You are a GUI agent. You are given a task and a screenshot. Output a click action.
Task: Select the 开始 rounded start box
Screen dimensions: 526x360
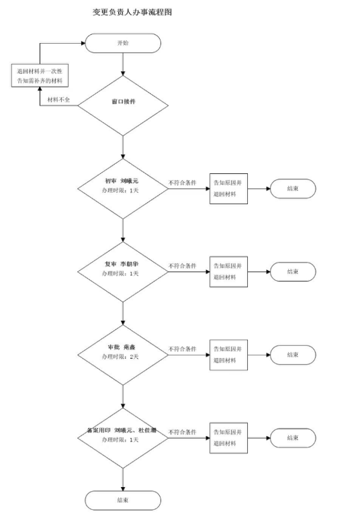[x=123, y=42]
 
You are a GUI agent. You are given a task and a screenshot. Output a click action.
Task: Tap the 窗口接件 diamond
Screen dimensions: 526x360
[x=123, y=103]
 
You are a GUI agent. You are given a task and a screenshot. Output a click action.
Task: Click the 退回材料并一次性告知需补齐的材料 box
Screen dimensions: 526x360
[x=42, y=75]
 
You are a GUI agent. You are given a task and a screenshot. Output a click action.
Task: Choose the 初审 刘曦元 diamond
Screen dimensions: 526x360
[x=123, y=186]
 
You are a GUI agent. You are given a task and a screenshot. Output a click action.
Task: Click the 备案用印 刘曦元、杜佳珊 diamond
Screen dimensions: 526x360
[x=123, y=435]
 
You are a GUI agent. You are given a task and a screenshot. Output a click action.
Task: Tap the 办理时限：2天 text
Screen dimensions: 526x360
[x=120, y=357]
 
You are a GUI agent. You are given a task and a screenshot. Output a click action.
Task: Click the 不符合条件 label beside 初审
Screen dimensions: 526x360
[x=182, y=182]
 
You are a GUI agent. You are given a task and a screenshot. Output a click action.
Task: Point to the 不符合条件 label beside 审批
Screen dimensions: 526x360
[x=182, y=349]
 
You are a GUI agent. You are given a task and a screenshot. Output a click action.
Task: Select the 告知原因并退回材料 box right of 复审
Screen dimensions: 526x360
[x=228, y=271]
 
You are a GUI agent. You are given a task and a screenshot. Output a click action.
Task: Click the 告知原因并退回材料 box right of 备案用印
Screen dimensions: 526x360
[x=228, y=437]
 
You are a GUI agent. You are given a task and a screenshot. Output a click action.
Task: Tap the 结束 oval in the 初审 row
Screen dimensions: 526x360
[x=293, y=189]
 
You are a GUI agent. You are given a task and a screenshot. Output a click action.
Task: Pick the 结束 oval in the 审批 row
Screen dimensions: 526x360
[x=293, y=355]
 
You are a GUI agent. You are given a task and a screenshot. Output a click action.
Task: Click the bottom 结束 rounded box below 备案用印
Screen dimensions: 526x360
[x=123, y=499]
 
